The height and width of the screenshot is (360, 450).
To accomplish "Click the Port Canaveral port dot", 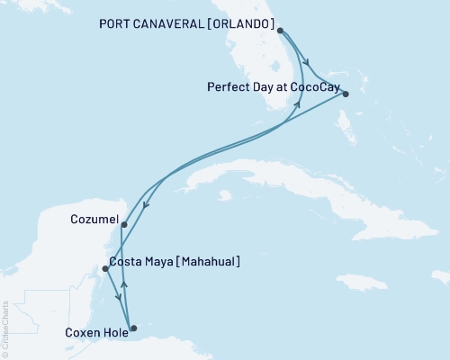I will [x=281, y=31].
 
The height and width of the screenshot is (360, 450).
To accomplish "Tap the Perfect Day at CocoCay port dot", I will [x=346, y=93].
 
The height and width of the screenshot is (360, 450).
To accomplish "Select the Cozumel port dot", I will [x=123, y=225].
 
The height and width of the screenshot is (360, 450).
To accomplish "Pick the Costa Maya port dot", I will [x=105, y=268].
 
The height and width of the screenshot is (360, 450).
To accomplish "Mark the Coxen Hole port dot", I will [x=134, y=328].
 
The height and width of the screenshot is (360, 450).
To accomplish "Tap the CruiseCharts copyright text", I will [x=5, y=328].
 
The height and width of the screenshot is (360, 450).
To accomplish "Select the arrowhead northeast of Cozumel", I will [x=146, y=206].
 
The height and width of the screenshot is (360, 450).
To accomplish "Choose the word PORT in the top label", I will [x=112, y=24].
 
